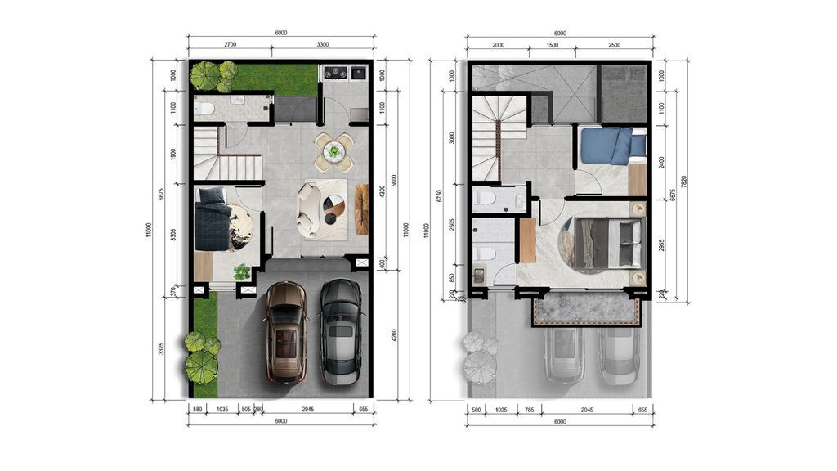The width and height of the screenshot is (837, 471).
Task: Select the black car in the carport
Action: tap(341, 331)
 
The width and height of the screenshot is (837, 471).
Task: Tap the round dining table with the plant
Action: tap(333, 151)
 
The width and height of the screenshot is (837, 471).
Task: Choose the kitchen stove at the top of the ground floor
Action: tap(346, 73)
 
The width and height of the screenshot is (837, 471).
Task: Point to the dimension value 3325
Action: tap(161, 348)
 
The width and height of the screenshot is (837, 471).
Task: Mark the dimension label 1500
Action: tap(553, 44)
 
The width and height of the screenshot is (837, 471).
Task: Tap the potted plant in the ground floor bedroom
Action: tap(242, 271)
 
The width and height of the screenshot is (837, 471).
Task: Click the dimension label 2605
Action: tap(451, 226)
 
